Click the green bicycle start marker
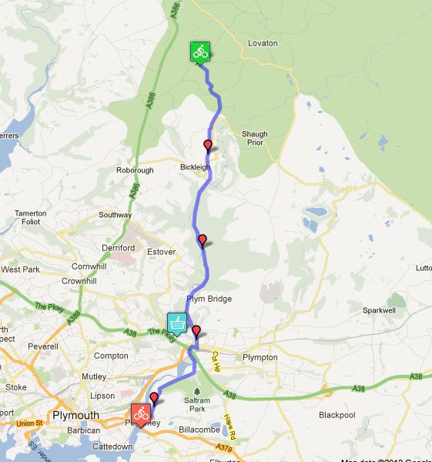tap(200, 52)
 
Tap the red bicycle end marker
tap(141, 413)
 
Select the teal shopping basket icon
tap(177, 323)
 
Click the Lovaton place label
tap(263, 43)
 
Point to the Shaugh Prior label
tap(255, 139)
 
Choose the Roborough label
tap(136, 170)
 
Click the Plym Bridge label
tap(209, 299)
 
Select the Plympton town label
tap(260, 358)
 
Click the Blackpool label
tap(337, 415)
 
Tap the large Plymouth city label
tap(75, 416)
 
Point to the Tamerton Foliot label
tap(31, 217)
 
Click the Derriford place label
tap(119, 248)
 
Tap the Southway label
tap(115, 216)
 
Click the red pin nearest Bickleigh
tap(207, 146)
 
